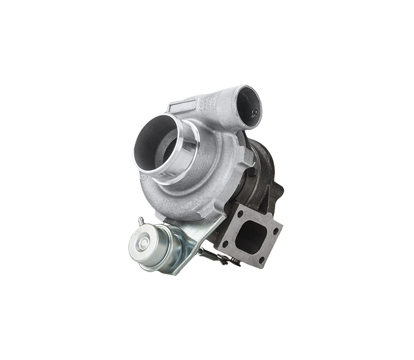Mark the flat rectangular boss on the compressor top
183,107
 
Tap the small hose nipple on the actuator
141,222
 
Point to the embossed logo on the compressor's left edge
142,177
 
